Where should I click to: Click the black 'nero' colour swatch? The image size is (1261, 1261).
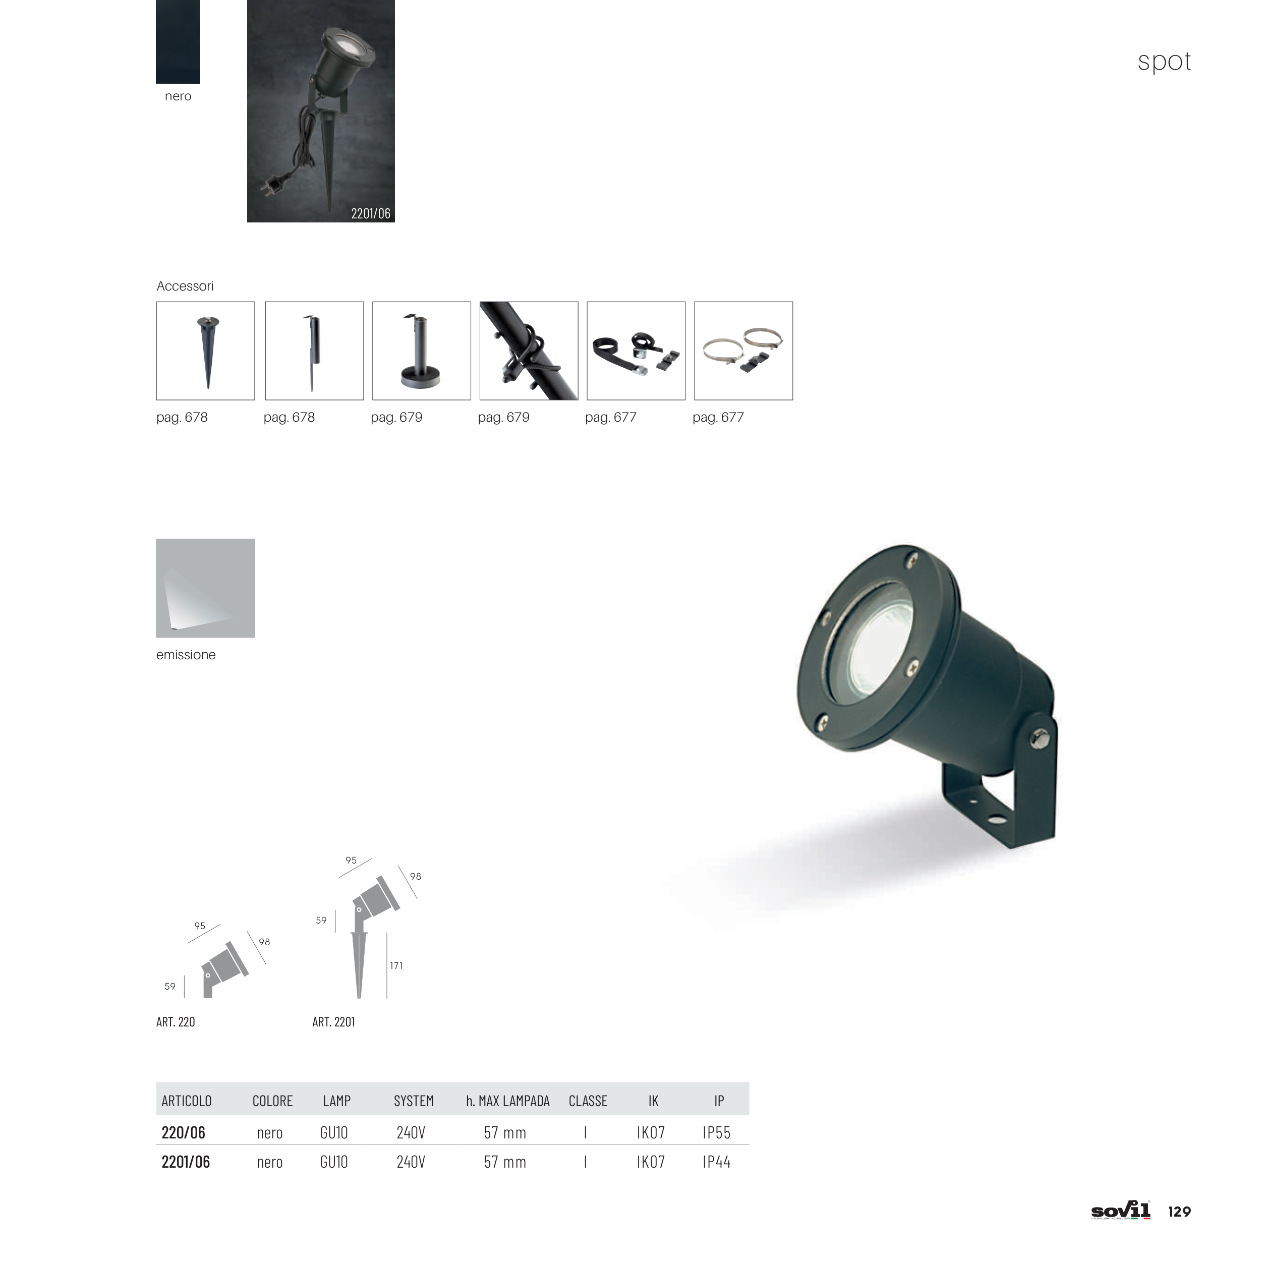tap(178, 41)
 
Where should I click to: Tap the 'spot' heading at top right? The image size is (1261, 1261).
tap(1164, 62)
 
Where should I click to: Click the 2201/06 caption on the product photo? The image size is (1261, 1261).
tap(371, 213)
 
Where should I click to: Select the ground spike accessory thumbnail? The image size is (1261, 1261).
tap(206, 351)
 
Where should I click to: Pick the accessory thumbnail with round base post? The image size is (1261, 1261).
tap(422, 351)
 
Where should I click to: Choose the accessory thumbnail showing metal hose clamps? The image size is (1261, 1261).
tap(743, 351)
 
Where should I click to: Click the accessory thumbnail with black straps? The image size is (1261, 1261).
tap(637, 351)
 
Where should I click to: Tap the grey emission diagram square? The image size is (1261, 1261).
tap(206, 588)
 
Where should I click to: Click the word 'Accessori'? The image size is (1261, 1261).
tap(185, 286)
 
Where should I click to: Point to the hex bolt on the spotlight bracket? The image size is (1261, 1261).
tap(1039, 739)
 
